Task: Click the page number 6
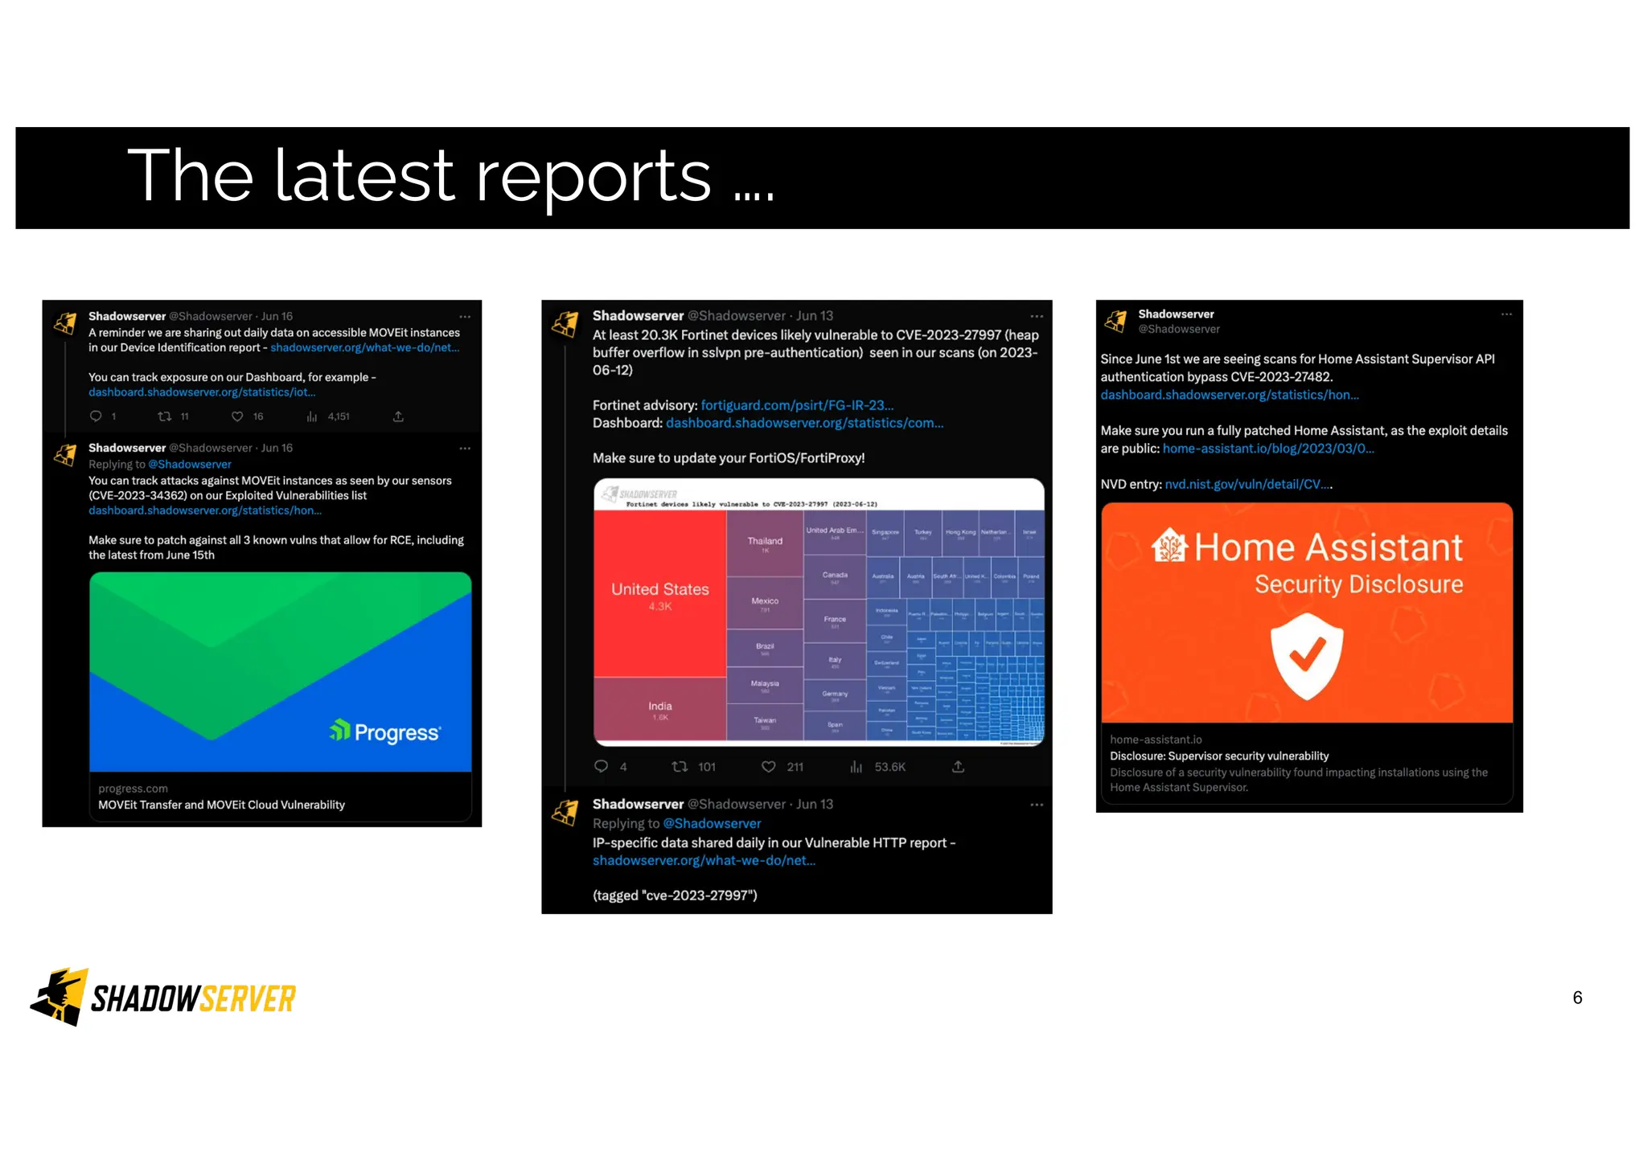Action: tap(1577, 998)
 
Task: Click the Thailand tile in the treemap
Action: tap(765, 543)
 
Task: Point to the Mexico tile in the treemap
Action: tap(765, 602)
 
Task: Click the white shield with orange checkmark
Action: tap(1307, 656)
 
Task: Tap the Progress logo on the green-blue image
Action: tap(385, 732)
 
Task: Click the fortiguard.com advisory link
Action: tap(797, 405)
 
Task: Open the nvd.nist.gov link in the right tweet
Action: tap(1247, 484)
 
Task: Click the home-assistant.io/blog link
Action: tap(1268, 449)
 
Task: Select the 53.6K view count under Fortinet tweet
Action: tap(889, 767)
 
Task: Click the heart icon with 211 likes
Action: tap(769, 767)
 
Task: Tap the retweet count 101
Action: tap(706, 767)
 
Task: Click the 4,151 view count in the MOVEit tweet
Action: tap(338, 416)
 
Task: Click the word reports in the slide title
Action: tap(593, 176)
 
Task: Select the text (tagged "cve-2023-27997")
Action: tap(675, 896)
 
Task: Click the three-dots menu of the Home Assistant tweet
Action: tap(1506, 314)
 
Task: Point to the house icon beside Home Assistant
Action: tap(1169, 547)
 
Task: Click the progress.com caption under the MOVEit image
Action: tap(133, 789)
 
